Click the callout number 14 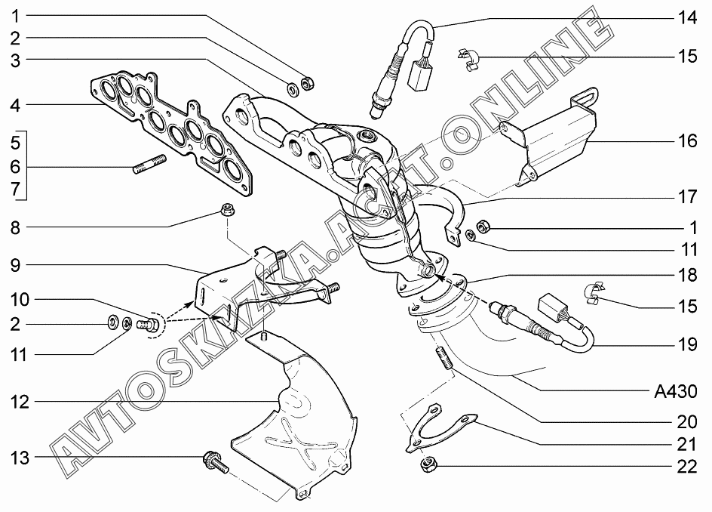pos(687,17)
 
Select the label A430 pos(675,391)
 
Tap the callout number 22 pos(687,467)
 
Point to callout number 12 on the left pos(19,402)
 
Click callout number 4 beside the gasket pos(15,106)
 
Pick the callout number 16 pos(687,140)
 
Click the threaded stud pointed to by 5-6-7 pos(149,164)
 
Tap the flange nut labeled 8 pos(226,211)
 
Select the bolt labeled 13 pos(215,462)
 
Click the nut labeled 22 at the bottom pos(426,465)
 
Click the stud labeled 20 pos(444,358)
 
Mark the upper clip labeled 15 pos(468,60)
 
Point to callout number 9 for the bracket pos(15,265)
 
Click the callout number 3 pos(15,60)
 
